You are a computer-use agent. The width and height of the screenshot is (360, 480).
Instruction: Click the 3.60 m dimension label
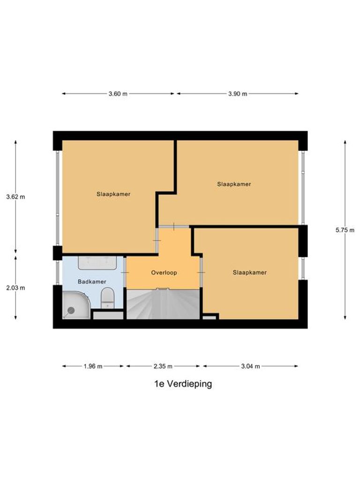(118, 94)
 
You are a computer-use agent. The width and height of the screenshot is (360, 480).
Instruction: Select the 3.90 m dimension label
(238, 94)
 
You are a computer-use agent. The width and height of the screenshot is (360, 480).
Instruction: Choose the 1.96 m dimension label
(93, 367)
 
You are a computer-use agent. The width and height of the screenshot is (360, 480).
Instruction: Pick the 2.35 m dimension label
(163, 367)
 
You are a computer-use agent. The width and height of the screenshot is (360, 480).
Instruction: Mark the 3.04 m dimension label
(250, 367)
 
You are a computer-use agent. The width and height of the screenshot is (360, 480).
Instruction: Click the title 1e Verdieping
(183, 384)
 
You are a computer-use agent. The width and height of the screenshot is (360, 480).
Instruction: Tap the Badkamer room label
(92, 282)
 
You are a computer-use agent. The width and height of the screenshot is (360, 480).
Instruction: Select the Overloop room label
(164, 272)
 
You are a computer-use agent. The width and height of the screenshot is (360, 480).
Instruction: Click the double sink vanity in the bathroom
(97, 262)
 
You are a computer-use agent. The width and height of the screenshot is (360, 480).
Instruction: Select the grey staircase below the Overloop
(163, 304)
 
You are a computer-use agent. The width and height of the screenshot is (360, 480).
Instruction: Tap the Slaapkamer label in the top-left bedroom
(113, 194)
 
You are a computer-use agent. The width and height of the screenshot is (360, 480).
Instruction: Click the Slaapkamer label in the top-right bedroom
(234, 184)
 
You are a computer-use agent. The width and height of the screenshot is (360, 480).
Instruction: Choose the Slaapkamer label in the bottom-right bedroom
(249, 272)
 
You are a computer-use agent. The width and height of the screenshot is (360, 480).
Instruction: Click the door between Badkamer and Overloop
(125, 272)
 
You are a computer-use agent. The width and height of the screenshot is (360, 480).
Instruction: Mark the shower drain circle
(71, 310)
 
